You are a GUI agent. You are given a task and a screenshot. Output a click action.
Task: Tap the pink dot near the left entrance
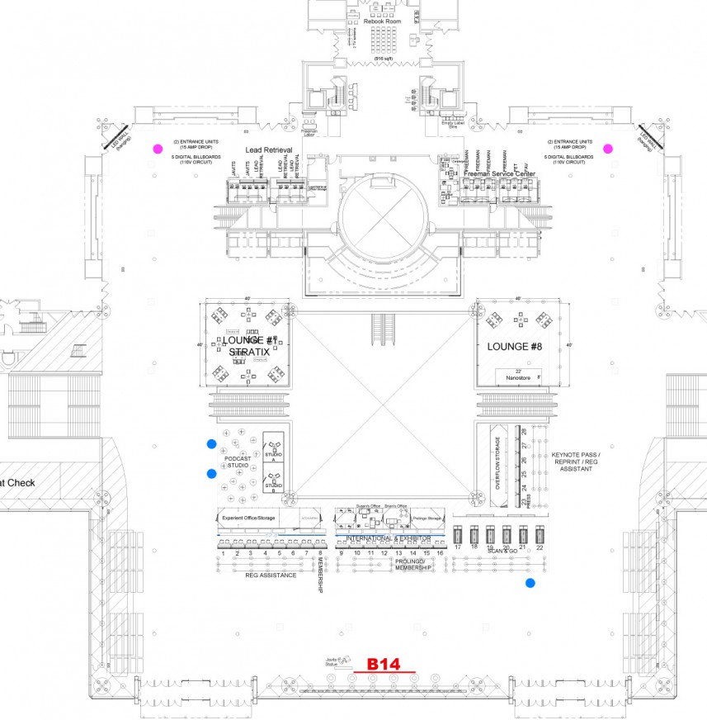157,149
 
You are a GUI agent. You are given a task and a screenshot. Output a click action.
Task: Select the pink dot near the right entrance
608,149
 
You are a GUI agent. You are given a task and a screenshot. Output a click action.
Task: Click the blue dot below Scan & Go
530,583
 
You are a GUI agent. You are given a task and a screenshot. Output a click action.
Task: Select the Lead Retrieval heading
270,150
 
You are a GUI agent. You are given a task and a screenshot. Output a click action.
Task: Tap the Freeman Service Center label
499,174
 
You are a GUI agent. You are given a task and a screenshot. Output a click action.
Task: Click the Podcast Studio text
238,462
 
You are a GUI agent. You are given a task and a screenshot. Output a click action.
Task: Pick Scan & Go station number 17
458,547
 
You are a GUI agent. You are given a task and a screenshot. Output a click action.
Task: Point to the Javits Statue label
333,661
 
